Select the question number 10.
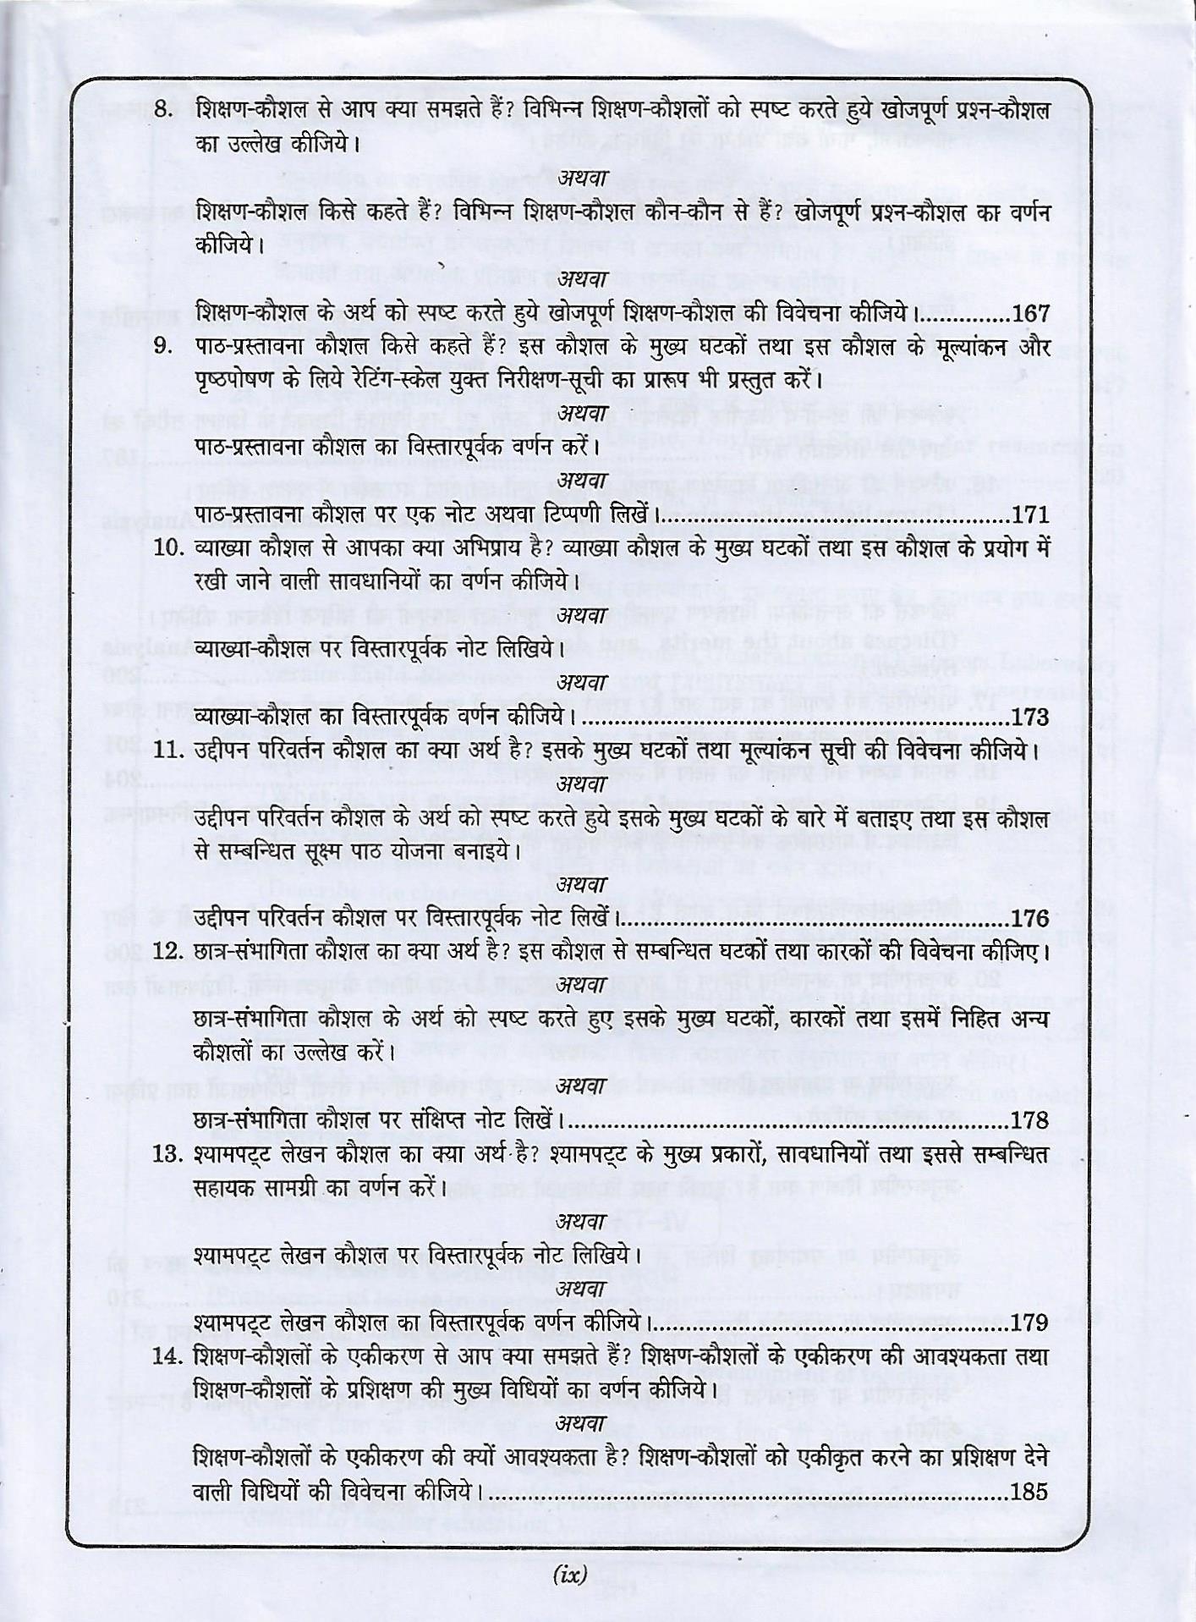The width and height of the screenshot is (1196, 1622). (168, 549)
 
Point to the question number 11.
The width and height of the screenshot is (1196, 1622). (168, 751)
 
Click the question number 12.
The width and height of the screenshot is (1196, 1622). (168, 951)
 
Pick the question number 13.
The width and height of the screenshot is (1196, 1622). (168, 1153)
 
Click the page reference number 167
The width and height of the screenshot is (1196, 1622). (1030, 314)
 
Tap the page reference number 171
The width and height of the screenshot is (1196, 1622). (1030, 514)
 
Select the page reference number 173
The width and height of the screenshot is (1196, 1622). (1030, 718)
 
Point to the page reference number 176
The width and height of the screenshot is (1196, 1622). (1030, 919)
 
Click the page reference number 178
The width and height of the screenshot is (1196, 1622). (1030, 1120)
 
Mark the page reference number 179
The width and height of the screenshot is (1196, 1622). (1030, 1322)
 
